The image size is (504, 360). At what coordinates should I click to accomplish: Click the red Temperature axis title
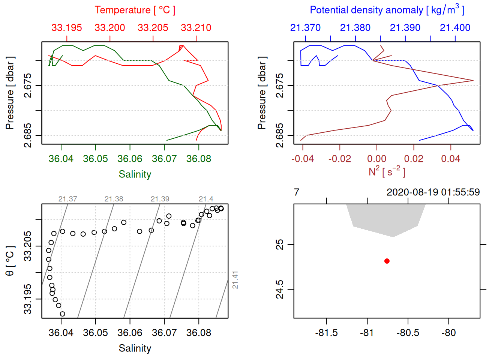(135, 10)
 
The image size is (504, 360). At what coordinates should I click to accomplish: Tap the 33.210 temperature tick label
(196, 28)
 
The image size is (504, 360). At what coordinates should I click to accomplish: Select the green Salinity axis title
(135, 174)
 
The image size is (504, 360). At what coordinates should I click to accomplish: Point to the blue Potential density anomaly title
(387, 10)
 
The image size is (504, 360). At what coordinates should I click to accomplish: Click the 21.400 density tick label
(455, 28)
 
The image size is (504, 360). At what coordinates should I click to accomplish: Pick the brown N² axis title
(387, 171)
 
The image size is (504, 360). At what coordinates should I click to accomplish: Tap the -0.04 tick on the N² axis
(303, 159)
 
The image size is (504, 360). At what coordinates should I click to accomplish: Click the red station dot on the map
(387, 261)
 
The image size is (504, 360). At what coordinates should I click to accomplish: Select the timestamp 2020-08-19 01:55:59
(433, 192)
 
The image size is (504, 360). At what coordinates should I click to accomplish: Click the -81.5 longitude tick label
(326, 333)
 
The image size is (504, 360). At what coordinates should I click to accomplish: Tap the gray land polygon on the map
(386, 219)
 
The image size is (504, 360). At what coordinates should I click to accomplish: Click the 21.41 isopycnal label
(235, 280)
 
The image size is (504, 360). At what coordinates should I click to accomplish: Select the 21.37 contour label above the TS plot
(67, 199)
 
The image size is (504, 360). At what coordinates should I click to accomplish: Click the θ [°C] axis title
(10, 261)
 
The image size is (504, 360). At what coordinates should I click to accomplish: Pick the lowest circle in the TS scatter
(62, 314)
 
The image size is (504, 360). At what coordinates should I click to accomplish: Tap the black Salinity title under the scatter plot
(135, 348)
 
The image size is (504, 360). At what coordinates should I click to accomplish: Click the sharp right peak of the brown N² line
(473, 81)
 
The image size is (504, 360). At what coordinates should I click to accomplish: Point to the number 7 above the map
(297, 192)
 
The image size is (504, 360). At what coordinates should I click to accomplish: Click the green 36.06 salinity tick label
(130, 159)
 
